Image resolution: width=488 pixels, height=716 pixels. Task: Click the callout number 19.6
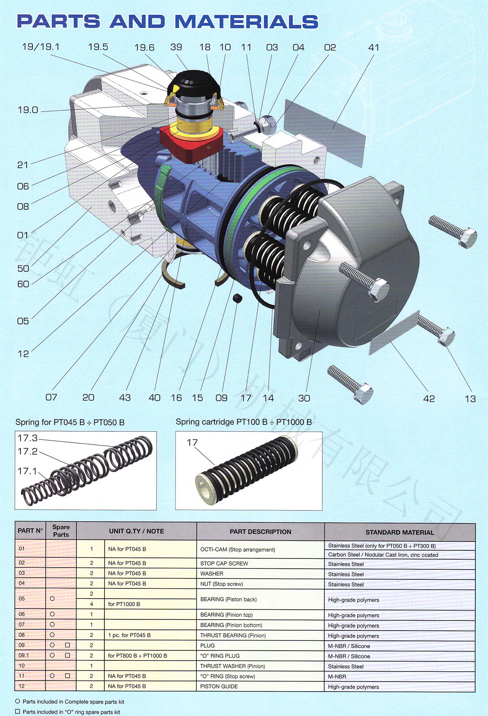click(x=144, y=47)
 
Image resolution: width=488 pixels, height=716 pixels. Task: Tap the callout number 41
click(x=374, y=47)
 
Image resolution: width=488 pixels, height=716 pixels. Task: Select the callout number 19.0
click(x=28, y=110)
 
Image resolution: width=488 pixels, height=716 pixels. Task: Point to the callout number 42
click(x=429, y=399)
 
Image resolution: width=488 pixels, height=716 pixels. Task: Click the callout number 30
click(x=304, y=398)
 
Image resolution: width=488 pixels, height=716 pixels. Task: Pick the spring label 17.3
click(x=28, y=438)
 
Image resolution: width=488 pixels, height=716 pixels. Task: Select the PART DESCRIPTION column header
click(x=261, y=532)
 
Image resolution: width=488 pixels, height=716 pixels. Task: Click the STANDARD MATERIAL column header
click(x=400, y=532)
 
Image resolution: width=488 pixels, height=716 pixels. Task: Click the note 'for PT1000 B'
click(x=124, y=604)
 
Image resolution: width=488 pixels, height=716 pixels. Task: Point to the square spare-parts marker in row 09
click(x=67, y=645)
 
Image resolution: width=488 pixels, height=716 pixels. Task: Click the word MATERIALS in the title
click(x=246, y=21)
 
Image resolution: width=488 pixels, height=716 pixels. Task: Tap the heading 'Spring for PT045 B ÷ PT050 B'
click(x=70, y=422)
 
